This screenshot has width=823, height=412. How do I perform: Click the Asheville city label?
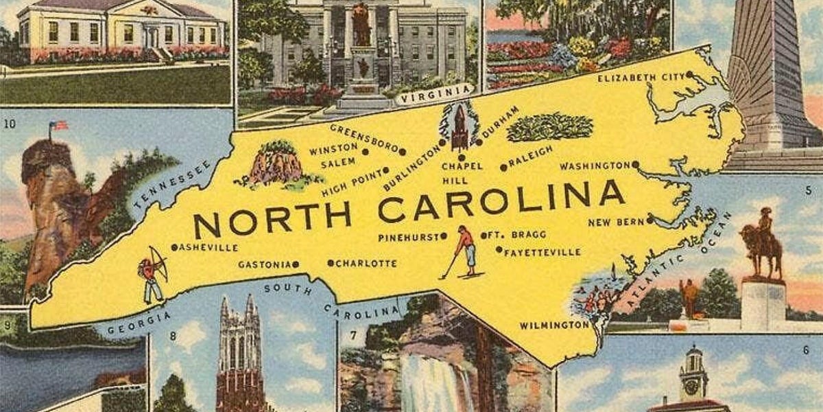(x=208, y=247)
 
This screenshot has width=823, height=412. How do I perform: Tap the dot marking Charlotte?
(x=331, y=263)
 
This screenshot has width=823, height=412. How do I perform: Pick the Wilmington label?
(x=554, y=325)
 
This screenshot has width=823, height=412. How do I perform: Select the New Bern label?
(x=616, y=222)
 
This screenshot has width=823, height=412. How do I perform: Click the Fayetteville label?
(x=542, y=252)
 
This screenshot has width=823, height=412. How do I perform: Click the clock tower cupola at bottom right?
(x=693, y=374)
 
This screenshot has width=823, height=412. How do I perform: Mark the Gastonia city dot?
(x=296, y=264)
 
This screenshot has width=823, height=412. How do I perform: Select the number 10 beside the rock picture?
(x=9, y=124)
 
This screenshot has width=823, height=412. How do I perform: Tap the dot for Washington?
(x=636, y=164)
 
